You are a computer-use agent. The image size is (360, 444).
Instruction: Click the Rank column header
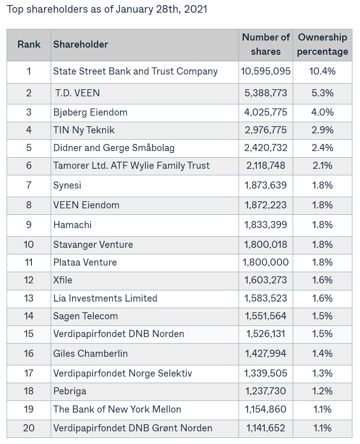[29, 44]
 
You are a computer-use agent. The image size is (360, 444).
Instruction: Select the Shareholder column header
[81, 44]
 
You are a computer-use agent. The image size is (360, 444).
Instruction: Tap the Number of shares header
[266, 44]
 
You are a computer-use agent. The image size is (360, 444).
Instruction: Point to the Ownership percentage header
[323, 44]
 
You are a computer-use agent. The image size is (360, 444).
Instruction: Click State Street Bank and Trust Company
[135, 71]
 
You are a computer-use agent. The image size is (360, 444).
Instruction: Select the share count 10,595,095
[266, 71]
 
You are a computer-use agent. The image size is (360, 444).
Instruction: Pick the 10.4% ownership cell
[323, 71]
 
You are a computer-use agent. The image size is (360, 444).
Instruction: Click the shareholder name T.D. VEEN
[77, 93]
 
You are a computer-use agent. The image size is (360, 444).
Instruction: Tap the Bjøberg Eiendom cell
[90, 112]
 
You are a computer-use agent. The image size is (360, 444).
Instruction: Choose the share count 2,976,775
[266, 130]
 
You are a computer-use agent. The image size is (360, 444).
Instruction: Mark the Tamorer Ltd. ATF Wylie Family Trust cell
[131, 165]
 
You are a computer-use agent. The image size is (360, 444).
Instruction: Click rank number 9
[29, 225]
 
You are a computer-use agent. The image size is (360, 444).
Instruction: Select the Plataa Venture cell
[85, 262]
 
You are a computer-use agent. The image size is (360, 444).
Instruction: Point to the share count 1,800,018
[266, 244]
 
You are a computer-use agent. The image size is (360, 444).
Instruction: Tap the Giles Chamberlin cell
[90, 353]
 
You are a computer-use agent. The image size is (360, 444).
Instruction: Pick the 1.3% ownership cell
[323, 373]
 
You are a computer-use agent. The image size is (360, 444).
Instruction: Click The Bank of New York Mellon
[117, 409]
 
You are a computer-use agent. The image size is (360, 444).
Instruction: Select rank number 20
[29, 428]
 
